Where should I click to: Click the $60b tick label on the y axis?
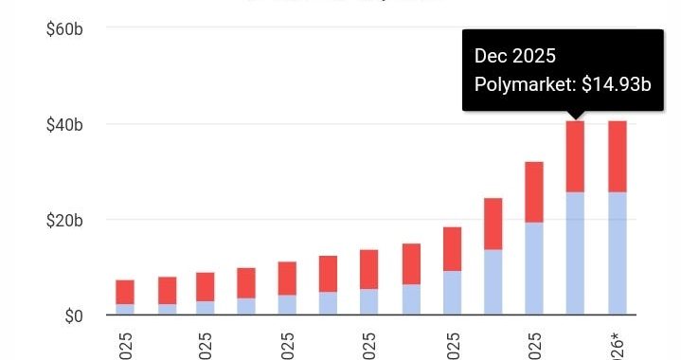[x=65, y=29]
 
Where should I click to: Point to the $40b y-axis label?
[x=65, y=124]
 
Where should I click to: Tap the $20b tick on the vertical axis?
[x=65, y=220]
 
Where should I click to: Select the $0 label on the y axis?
[x=72, y=315]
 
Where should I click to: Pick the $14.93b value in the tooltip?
[x=616, y=84]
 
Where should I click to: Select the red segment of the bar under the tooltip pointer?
[x=575, y=156]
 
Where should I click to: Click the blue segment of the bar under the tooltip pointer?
[x=575, y=253]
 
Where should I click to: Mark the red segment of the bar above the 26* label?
[x=618, y=156]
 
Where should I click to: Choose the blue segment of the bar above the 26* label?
[x=618, y=253]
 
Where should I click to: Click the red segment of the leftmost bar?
[x=125, y=292]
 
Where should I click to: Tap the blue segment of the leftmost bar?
[x=125, y=309]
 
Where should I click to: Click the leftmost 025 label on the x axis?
[x=125, y=343]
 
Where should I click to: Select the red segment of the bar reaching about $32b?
[x=534, y=192]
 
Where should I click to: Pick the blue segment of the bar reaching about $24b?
[x=493, y=281]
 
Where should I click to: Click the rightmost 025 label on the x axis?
[x=534, y=343]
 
